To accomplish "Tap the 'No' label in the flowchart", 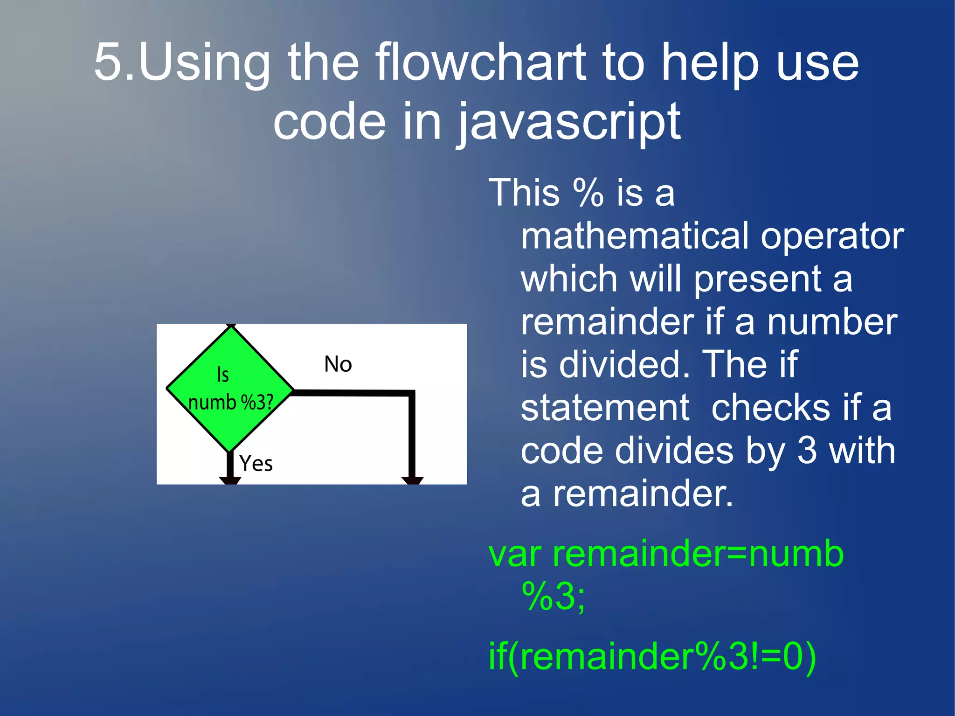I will pos(338,364).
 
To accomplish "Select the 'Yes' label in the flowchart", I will pos(256,464).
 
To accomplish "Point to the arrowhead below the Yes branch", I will pos(230,480).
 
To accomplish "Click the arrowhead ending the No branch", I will pos(412,480).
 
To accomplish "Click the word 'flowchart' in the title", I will pos(480,63).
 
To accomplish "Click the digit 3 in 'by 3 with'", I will pos(807,451).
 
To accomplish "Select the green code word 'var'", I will pos(515,555).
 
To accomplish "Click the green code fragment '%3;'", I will pos(554,597).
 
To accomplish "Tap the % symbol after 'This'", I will pos(588,193).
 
